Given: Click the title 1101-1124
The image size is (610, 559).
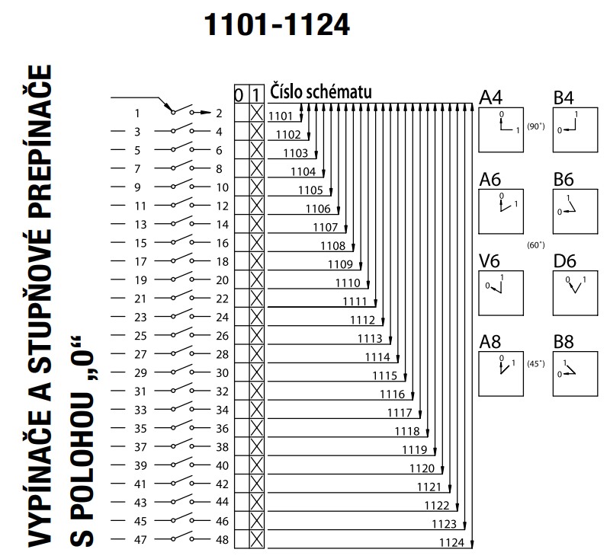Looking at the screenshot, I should click(x=277, y=24).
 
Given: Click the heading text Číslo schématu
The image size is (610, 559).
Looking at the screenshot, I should click(x=321, y=91).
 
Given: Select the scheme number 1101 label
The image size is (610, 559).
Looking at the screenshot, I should click(x=281, y=117).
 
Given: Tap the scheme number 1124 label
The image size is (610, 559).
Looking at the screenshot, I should click(x=452, y=541).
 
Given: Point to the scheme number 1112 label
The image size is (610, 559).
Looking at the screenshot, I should click(x=362, y=320).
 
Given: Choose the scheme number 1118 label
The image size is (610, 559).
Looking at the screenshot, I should click(x=407, y=431).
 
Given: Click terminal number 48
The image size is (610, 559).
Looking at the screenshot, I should click(x=223, y=539).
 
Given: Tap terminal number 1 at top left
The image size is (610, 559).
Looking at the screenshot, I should click(x=138, y=113).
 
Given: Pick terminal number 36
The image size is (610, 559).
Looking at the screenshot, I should click(x=223, y=428).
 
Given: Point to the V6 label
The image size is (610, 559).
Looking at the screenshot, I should click(x=490, y=261).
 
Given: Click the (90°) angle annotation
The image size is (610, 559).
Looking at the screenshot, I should click(x=535, y=127).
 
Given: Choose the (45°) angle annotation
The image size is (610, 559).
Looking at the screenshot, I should click(x=535, y=363).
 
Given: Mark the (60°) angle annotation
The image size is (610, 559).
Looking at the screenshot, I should click(x=535, y=245).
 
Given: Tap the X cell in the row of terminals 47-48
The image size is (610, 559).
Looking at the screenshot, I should click(x=257, y=539).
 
